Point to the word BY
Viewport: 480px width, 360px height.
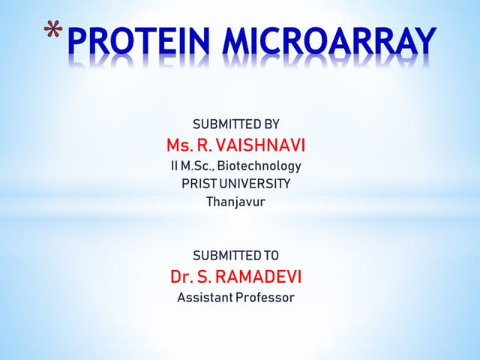(271, 124)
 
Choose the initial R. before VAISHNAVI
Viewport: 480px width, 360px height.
(202, 144)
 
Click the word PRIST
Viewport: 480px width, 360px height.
(197, 183)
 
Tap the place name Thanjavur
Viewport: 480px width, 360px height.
(235, 201)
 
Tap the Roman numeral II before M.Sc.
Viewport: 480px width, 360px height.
(174, 165)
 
